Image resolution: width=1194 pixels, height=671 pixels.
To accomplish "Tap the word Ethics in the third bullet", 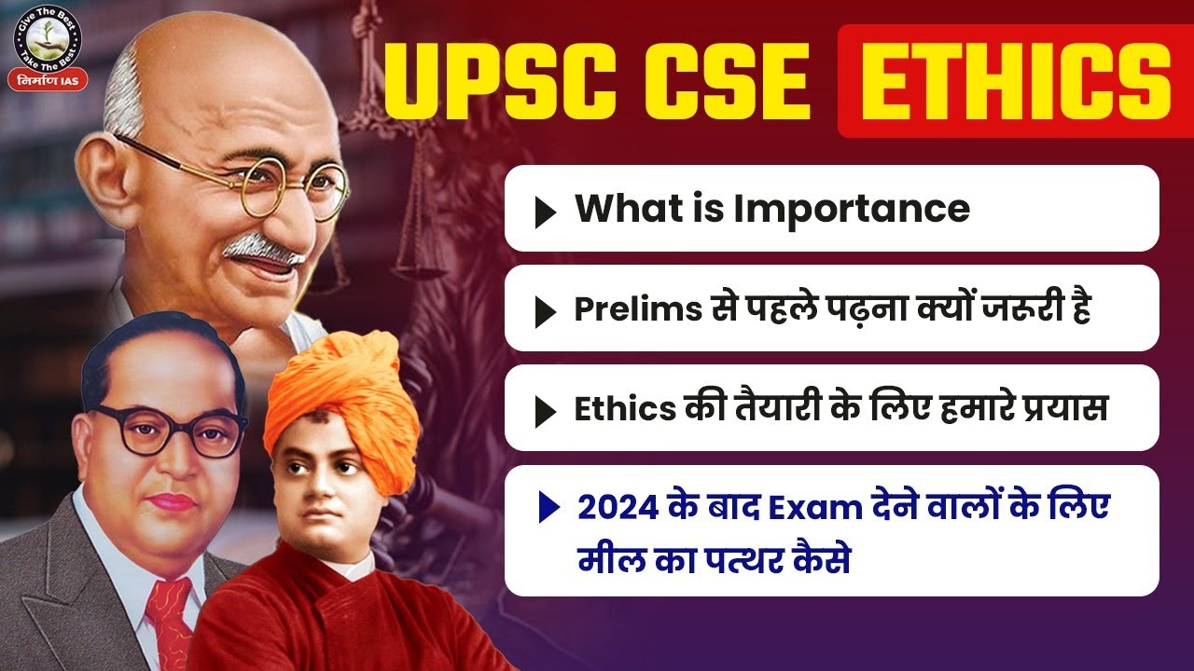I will click(x=621, y=408).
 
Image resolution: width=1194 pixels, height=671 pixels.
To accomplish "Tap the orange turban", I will click(x=343, y=391).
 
